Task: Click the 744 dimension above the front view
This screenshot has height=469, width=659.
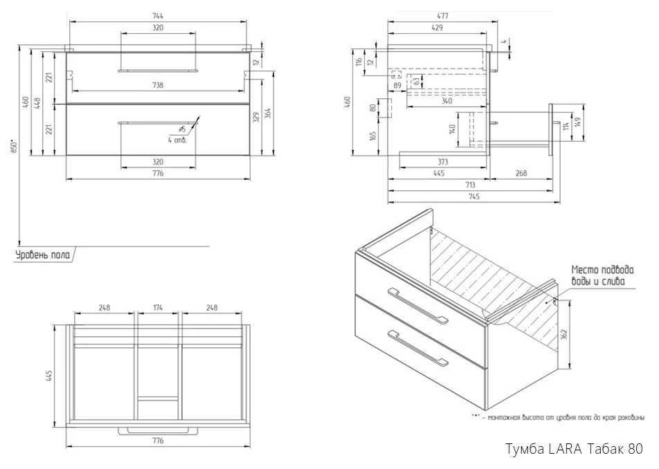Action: point(158,15)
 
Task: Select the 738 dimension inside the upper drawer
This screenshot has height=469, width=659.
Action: point(158,85)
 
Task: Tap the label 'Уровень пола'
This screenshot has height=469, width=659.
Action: point(43,255)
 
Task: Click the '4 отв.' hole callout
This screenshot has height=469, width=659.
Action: point(177,140)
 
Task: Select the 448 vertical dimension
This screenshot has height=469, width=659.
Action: point(37,103)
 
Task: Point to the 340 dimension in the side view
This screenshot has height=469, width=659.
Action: point(446,102)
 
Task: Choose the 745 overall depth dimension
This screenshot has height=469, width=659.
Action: point(473,197)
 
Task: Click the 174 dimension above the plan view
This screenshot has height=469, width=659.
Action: point(158,307)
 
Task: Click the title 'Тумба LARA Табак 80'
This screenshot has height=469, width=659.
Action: point(575,449)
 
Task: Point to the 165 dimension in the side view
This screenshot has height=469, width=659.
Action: point(373,136)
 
